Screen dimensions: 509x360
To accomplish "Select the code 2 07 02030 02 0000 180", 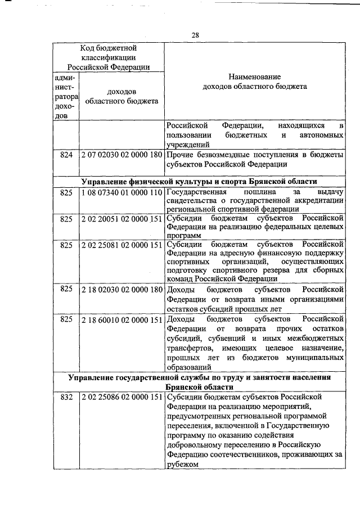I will click(121, 155).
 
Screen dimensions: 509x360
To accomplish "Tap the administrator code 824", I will click(66, 155).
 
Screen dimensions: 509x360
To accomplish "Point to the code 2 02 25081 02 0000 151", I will click(121, 245).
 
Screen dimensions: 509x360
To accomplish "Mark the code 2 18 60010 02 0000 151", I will click(121, 319).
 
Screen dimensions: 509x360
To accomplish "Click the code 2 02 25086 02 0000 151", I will click(121, 398).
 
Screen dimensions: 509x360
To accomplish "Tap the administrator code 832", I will click(66, 398).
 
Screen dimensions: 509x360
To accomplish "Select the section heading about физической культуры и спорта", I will click(199, 181).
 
